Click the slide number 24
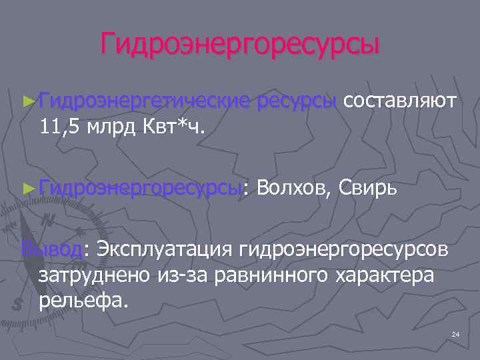pos(456,333)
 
